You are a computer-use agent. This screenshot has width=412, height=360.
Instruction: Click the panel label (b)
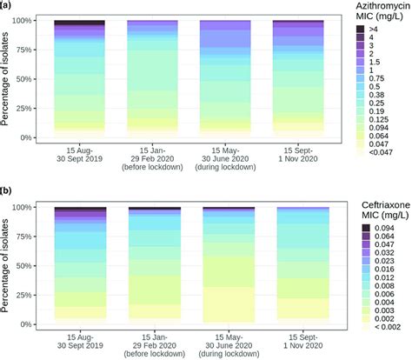tap(7, 190)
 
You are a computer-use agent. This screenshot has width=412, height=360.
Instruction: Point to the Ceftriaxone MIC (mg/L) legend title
tap(376, 210)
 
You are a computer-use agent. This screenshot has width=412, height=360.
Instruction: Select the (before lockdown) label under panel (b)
tap(153, 355)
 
